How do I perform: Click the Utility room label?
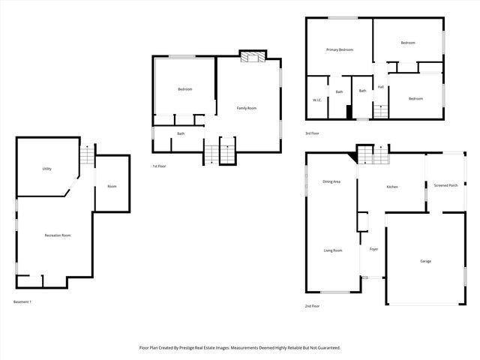(46, 169)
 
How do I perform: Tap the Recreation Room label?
(57, 235)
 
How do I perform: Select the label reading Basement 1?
(22, 301)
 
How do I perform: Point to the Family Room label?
(247, 108)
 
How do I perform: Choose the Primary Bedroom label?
(339, 49)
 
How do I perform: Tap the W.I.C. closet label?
(316, 100)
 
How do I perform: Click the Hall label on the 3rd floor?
(381, 87)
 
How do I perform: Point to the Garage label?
(425, 261)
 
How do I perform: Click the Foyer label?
(373, 248)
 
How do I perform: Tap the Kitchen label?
(391, 187)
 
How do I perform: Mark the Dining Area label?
(331, 181)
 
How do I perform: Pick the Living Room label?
(332, 250)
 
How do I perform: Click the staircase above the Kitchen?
(373, 155)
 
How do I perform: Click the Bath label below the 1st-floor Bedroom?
(181, 133)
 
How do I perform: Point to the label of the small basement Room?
(112, 186)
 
